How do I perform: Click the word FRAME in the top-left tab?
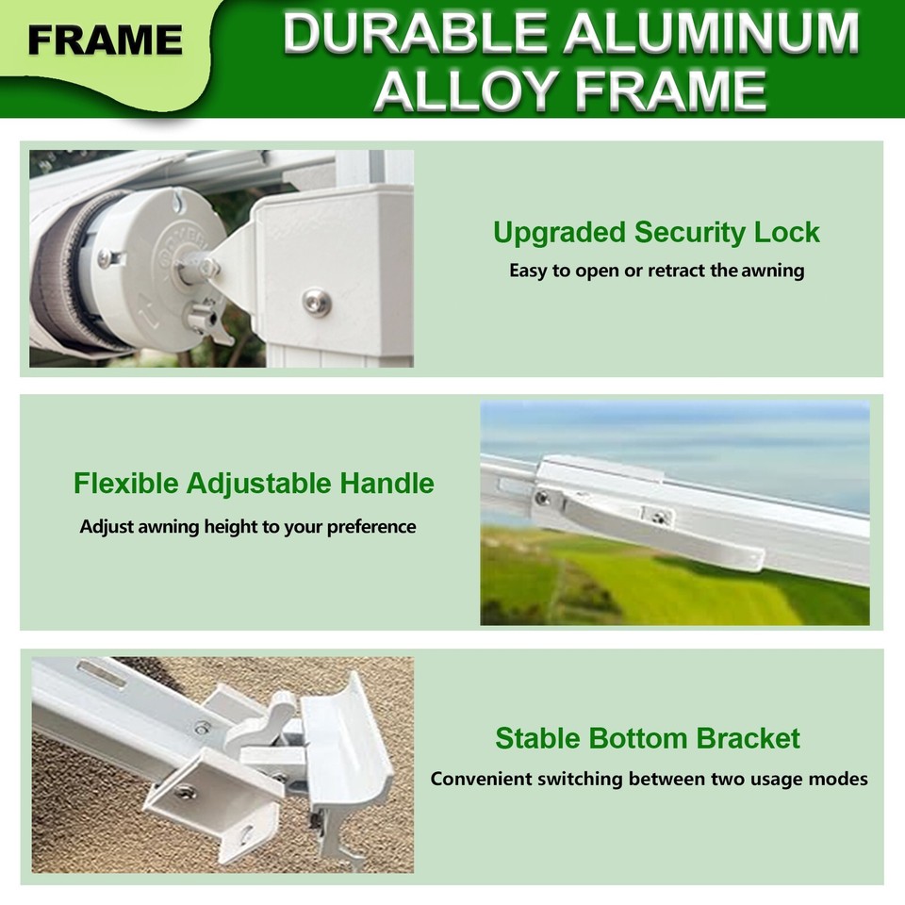click(x=105, y=40)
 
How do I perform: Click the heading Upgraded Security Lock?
click(x=656, y=232)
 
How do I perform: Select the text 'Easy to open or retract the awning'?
click(x=656, y=271)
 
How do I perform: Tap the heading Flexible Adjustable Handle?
click(x=254, y=484)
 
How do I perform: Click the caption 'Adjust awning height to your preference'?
click(x=247, y=527)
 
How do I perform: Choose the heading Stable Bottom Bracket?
click(x=648, y=738)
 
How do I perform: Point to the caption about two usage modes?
click(x=649, y=780)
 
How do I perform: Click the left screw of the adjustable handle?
click(x=544, y=498)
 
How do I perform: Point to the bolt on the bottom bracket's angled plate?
click(x=186, y=791)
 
